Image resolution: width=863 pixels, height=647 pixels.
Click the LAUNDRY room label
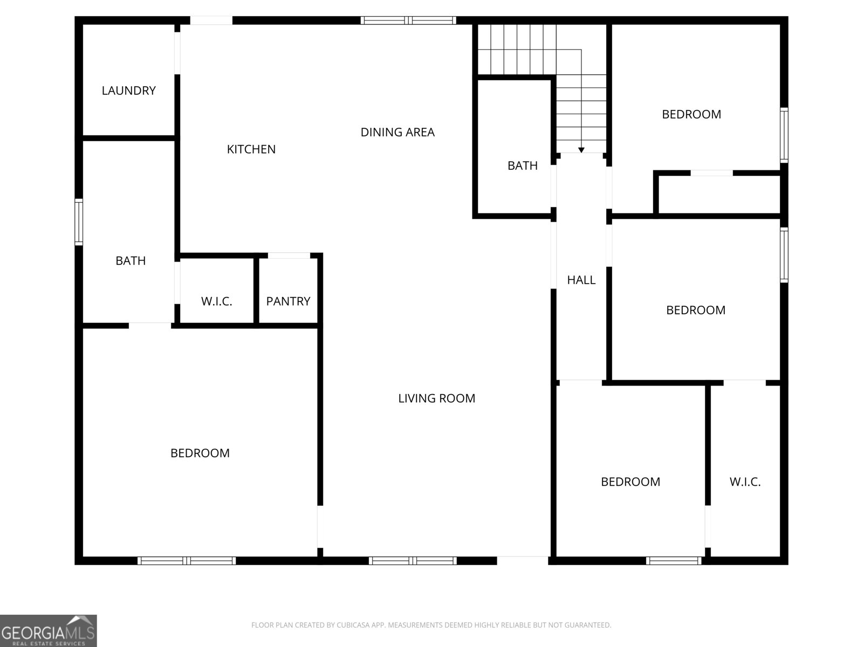[128, 91]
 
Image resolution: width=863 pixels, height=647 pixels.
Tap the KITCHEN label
[251, 149]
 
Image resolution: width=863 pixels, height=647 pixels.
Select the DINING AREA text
[398, 132]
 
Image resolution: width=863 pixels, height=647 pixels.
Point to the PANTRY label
[288, 301]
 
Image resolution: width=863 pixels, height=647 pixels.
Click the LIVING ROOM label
[436, 398]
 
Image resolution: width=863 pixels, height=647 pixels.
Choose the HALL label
[581, 280]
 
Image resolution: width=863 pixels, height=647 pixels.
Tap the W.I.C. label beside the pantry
[216, 301]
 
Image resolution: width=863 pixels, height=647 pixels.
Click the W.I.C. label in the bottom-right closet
[745, 482]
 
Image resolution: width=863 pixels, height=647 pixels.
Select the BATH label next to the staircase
[522, 166]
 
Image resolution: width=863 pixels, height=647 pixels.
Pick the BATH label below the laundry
[131, 261]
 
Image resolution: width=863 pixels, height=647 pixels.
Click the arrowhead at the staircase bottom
[581, 150]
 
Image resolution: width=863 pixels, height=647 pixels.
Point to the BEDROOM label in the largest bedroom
[200, 453]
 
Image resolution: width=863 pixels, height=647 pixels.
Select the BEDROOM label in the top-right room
[691, 114]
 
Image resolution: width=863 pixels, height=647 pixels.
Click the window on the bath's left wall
[79, 222]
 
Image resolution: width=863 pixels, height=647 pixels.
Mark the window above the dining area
[408, 20]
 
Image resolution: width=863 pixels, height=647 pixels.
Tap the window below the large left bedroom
[187, 561]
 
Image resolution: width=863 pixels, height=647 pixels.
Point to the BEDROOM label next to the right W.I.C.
[630, 481]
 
